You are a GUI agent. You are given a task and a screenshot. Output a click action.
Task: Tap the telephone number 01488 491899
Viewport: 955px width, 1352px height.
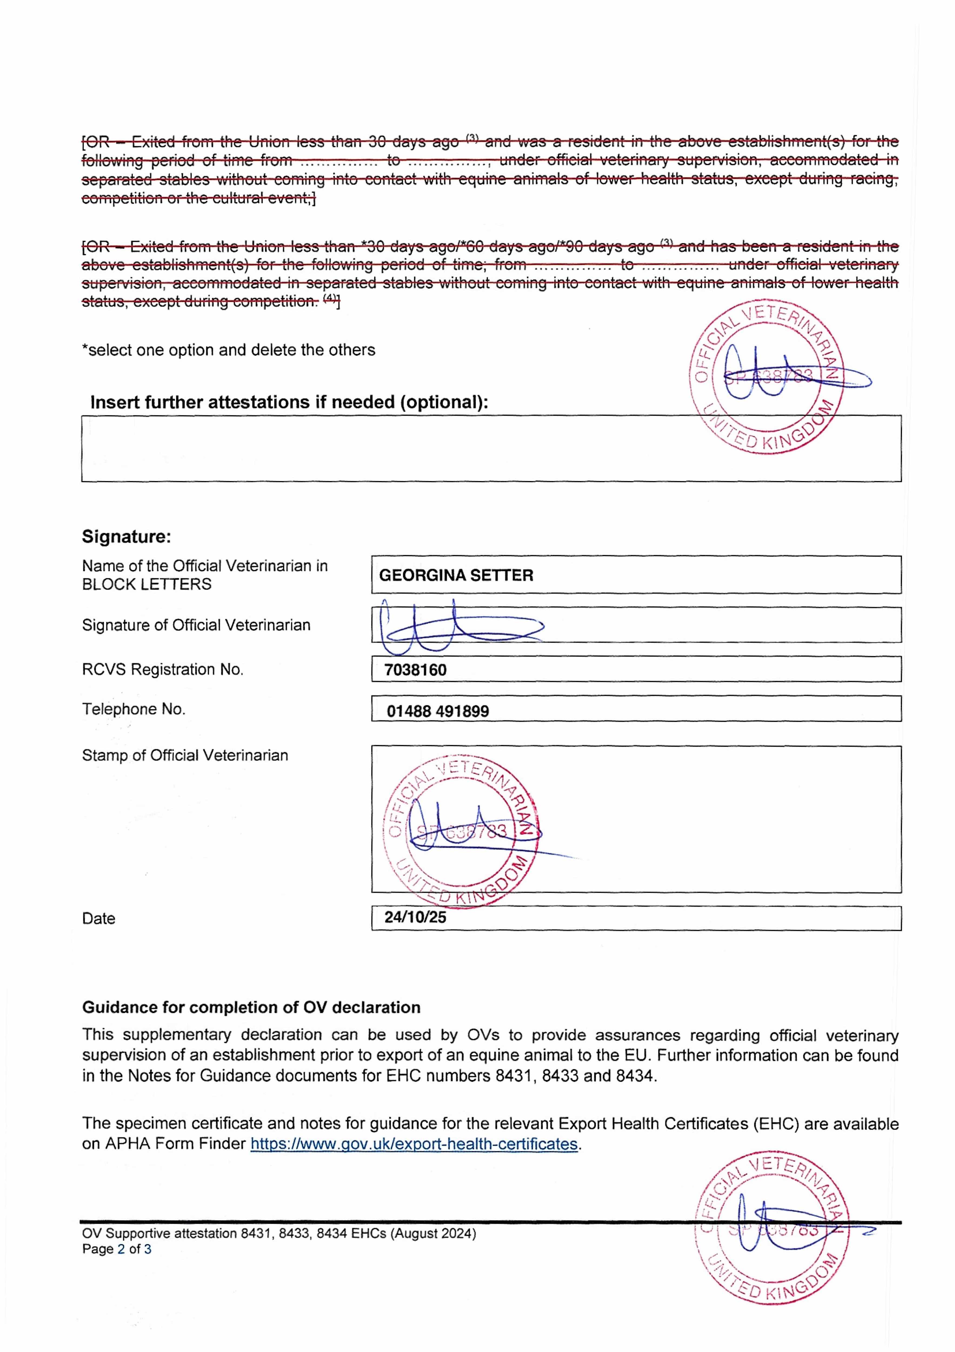point(437,711)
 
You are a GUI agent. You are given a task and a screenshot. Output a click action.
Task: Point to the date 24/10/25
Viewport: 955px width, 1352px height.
point(415,917)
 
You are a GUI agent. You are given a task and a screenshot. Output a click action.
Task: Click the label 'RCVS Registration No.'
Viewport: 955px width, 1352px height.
point(162,670)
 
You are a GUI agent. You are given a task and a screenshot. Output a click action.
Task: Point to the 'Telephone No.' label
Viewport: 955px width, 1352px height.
point(134,709)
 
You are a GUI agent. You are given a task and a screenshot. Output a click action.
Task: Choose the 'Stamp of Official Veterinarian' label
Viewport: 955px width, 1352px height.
point(185,755)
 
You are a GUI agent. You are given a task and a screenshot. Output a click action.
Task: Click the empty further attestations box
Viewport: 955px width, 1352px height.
point(383,449)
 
